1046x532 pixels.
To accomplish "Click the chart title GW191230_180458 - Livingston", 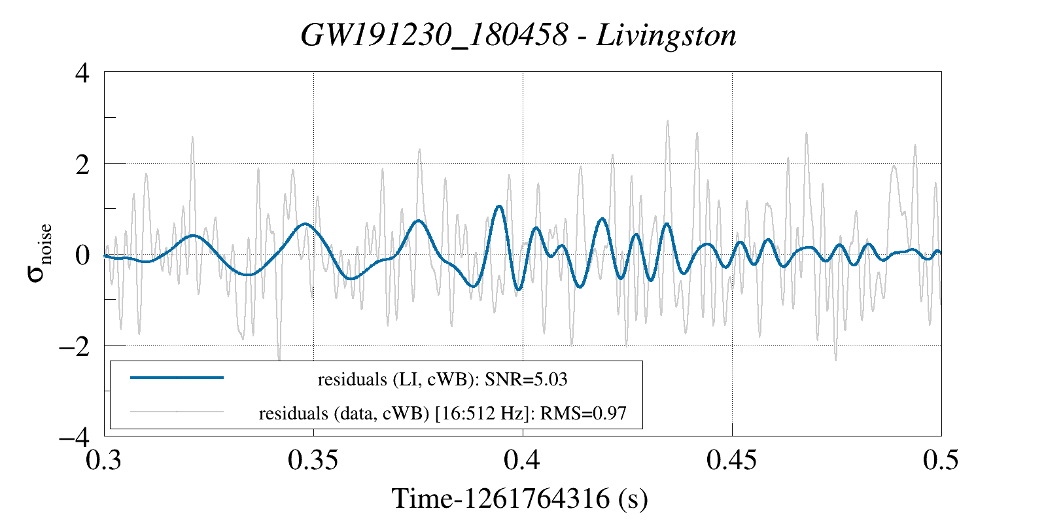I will coord(518,35).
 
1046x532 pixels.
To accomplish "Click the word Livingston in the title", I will coord(666,35).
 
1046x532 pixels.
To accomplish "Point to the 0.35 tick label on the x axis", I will coord(313,460).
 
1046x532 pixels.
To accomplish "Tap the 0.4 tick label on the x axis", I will coord(522,460).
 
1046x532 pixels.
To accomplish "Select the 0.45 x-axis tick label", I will coord(732,460).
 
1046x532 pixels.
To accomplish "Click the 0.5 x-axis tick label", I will coord(941,460).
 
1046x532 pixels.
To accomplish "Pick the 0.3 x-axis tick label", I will coord(105,460).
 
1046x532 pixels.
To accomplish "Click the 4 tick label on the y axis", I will coord(82,73).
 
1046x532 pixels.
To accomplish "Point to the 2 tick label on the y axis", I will coord(82,164).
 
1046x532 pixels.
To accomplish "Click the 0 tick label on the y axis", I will coord(82,255).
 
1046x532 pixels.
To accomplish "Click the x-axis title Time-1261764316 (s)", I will coord(519,499).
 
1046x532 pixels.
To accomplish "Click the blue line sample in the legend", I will coord(177,378).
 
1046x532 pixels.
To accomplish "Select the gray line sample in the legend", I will coord(177,412).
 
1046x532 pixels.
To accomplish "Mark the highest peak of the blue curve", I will coord(499,206).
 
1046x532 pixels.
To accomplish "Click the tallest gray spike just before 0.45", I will coord(697,133).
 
